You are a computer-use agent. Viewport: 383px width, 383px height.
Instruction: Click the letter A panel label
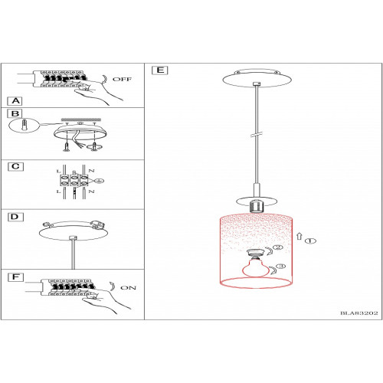15,101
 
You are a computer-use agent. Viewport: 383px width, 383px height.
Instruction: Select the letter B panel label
15,113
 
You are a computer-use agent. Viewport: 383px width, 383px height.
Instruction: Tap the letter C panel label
15,166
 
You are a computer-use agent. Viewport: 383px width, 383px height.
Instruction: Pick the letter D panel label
15,217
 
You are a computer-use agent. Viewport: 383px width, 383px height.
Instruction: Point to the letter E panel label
160,70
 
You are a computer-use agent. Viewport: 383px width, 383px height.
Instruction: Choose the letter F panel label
16,277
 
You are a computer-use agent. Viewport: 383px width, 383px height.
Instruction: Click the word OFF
122,79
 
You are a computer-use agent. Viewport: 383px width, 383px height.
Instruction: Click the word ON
128,288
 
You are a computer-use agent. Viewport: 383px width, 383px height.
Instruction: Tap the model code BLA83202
358,313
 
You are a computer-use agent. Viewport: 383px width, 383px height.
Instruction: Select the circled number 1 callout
310,241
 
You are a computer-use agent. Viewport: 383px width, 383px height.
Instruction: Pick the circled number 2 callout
278,247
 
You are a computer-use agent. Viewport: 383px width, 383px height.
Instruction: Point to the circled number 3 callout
281,267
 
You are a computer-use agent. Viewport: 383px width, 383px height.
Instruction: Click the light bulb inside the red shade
256,267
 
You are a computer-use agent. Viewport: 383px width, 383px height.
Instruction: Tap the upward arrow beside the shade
300,236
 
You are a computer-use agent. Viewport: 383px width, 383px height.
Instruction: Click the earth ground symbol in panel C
100,181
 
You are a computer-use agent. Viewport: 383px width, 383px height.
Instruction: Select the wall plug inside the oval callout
24,126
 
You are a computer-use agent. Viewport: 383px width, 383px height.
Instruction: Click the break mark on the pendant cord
257,134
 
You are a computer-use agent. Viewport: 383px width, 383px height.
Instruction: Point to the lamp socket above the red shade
256,206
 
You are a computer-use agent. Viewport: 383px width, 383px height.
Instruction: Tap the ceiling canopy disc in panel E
257,78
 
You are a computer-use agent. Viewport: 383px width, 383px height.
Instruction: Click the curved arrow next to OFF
104,80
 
